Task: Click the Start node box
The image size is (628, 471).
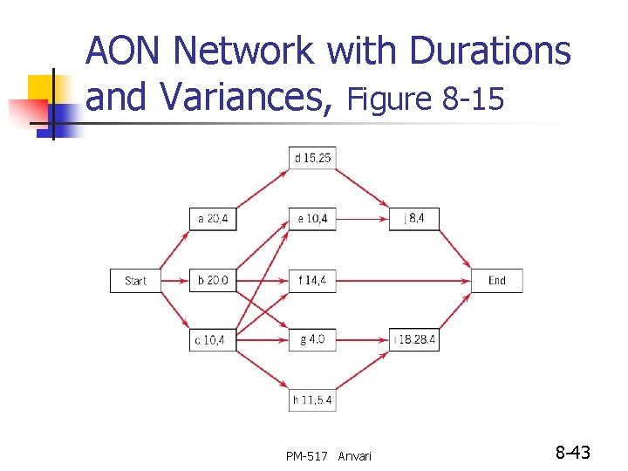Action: point(135,281)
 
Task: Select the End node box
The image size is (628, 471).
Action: point(497,281)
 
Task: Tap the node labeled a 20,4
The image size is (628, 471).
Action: point(213,219)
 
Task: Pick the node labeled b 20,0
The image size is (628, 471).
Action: point(213,281)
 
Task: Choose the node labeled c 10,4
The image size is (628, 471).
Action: point(213,339)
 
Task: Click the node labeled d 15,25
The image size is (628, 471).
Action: point(312,158)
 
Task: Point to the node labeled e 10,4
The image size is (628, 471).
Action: point(312,219)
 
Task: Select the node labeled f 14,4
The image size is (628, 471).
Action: point(312,281)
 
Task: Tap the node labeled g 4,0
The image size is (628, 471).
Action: point(312,339)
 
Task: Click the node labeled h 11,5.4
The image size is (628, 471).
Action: point(312,399)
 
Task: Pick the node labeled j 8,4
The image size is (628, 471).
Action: point(414,219)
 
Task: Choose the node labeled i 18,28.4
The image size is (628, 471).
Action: point(414,339)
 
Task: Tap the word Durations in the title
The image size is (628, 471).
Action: point(490,51)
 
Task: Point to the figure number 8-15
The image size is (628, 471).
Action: point(474,100)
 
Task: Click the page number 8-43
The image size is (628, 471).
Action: point(573,453)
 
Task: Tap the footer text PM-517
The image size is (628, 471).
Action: point(306,455)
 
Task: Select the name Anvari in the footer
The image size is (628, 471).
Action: point(354,455)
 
